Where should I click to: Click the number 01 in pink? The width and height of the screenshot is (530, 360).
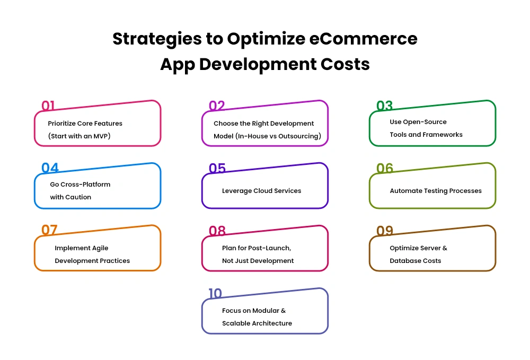tap(48, 106)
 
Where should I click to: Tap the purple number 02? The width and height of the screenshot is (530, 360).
tap(217, 106)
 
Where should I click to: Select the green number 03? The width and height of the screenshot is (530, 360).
tap(384, 106)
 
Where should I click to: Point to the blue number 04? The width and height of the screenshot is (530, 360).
tap(50, 168)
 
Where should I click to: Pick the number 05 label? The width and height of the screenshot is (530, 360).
tap(217, 168)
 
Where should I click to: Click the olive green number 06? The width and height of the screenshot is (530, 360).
tap(385, 168)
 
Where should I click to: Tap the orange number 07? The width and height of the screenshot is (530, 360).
tap(49, 230)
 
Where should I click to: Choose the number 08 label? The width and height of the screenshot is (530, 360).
tap(217, 231)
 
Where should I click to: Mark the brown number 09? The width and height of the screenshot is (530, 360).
tap(385, 231)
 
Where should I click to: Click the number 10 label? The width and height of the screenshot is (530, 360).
tap(215, 293)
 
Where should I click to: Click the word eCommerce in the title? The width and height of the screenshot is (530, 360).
tap(364, 39)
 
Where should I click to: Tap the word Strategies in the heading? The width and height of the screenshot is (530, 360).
tap(157, 39)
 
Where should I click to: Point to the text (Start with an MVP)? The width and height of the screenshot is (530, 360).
tap(79, 136)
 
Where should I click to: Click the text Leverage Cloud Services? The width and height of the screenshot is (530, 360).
tap(262, 191)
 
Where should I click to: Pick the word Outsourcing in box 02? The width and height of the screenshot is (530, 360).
tap(301, 136)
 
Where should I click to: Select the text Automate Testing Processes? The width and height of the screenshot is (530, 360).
tap(436, 191)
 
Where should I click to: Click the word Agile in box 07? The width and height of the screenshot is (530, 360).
tap(100, 248)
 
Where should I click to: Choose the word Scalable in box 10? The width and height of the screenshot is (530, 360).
tap(234, 323)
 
